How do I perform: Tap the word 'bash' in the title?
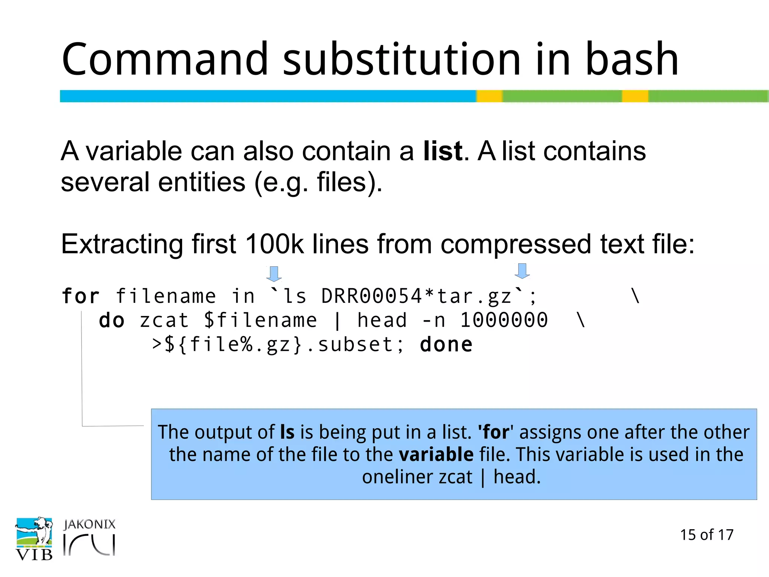click(x=632, y=59)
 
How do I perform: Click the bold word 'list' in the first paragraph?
click(x=443, y=151)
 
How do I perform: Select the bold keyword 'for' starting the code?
click(x=81, y=296)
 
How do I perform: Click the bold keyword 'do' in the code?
click(x=112, y=320)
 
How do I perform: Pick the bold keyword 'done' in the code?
click(x=446, y=345)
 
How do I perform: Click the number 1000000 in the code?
click(x=504, y=320)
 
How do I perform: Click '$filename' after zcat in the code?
click(x=261, y=320)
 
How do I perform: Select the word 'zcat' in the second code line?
click(x=164, y=320)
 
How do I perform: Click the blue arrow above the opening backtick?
click(x=274, y=274)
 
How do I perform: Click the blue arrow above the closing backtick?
click(x=522, y=271)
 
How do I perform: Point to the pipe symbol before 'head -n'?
click(x=337, y=321)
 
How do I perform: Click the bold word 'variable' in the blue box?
click(x=436, y=455)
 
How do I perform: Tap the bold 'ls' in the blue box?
click(x=287, y=432)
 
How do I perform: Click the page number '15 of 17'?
click(x=706, y=535)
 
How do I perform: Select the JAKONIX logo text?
click(x=89, y=524)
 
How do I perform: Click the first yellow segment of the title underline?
click(x=490, y=96)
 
